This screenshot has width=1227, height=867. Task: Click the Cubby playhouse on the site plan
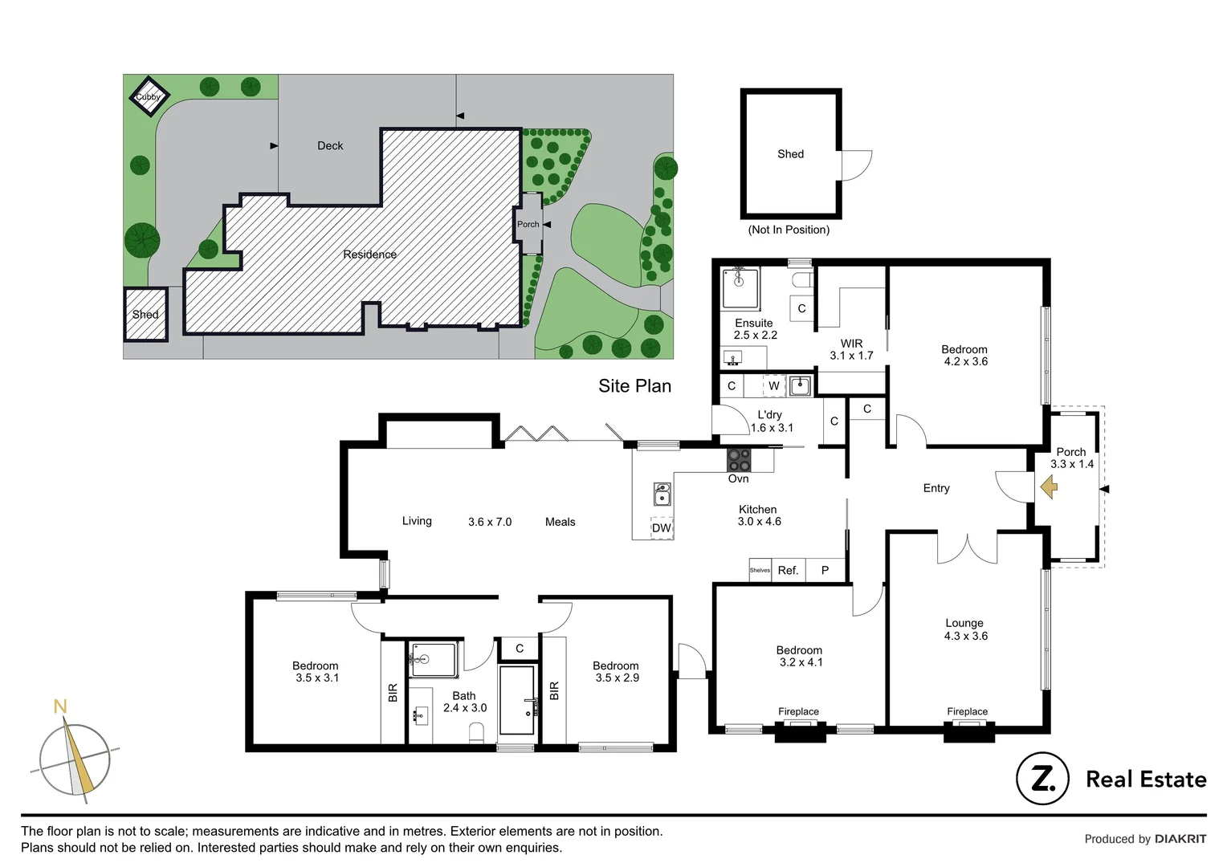point(148,96)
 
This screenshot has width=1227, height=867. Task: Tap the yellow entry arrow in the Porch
point(1049,487)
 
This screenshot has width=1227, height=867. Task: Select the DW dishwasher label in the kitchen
point(662,528)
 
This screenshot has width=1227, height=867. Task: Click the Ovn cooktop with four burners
point(739,460)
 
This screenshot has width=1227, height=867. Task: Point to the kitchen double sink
point(662,494)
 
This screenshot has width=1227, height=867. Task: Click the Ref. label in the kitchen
point(788,570)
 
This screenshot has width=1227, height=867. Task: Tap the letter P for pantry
point(825,570)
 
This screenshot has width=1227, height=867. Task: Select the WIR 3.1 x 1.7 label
point(851,349)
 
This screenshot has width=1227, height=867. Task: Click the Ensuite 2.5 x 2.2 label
point(755,329)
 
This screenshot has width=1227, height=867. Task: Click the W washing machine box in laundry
point(774,386)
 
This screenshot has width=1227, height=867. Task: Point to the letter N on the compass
point(59,707)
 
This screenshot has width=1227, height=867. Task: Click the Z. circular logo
point(1042,779)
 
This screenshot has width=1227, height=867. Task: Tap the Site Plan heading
point(634,386)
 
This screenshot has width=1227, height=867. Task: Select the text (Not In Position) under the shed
point(789,230)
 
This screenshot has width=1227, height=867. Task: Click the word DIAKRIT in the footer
point(1180,839)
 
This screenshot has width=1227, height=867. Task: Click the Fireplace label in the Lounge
point(967,711)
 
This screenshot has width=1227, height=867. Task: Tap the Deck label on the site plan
point(330,145)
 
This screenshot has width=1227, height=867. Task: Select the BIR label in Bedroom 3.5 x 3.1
point(393,692)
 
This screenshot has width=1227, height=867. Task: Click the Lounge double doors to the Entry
point(967,548)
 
